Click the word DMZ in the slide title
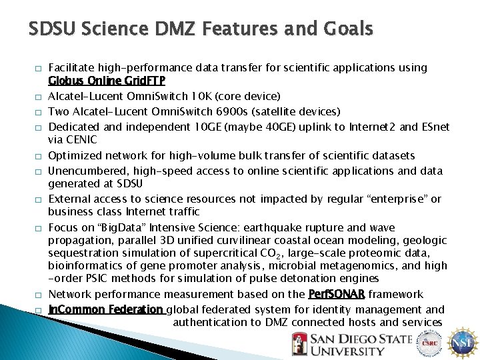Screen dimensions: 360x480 click(x=207, y=29)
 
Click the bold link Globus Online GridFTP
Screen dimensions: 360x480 click(x=107, y=81)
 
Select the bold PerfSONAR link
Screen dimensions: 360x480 click(x=337, y=294)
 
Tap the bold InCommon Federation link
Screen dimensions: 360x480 click(x=106, y=309)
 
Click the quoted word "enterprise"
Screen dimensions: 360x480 click(x=400, y=199)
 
